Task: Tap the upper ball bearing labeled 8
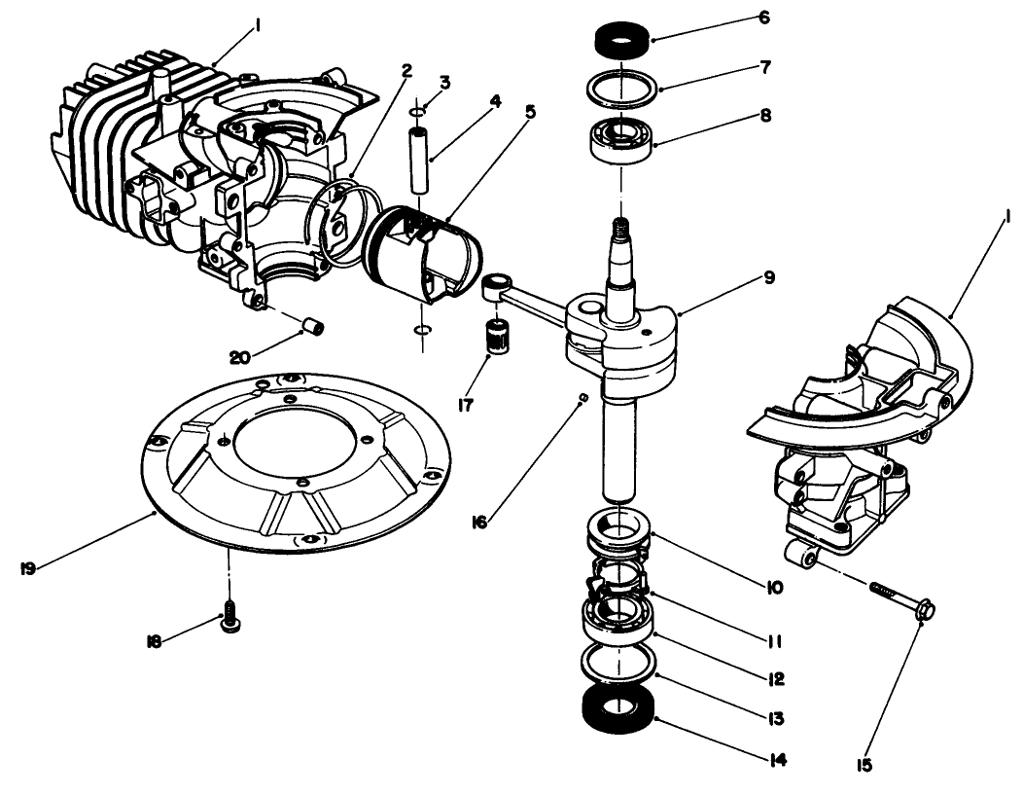(x=618, y=139)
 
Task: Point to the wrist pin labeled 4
(x=421, y=158)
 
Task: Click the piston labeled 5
(x=424, y=255)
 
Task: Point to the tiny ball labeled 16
(x=582, y=396)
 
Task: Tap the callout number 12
(x=776, y=678)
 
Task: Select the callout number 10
(x=773, y=588)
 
